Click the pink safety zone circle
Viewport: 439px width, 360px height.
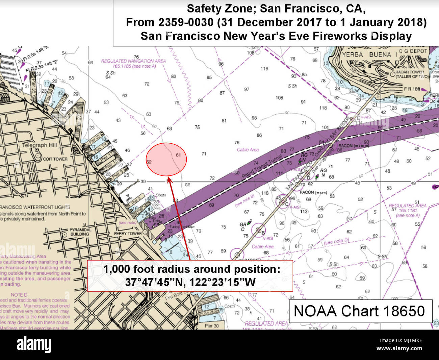pyautogui.click(x=166, y=159)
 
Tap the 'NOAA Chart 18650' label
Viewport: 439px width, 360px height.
pyautogui.click(x=359, y=311)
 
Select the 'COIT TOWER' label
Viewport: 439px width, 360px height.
pyautogui.click(x=55, y=159)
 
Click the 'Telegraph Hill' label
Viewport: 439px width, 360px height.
pyautogui.click(x=40, y=145)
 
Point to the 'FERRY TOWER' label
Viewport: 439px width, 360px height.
pyautogui.click(x=128, y=234)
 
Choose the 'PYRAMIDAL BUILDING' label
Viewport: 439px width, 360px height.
pyautogui.click(x=79, y=232)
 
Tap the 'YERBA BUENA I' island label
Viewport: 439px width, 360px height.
pyautogui.click(x=366, y=54)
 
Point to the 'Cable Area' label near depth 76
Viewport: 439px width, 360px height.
pyautogui.click(x=248, y=149)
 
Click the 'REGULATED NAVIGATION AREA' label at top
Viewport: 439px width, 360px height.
pyautogui.click(x=133, y=61)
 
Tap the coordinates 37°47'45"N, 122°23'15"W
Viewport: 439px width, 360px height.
pyautogui.click(x=190, y=282)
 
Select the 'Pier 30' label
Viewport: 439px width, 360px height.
pyautogui.click(x=212, y=326)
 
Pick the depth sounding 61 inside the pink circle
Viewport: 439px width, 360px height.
pyautogui.click(x=178, y=155)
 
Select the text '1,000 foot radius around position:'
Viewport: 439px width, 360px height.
pyautogui.click(x=191, y=269)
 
